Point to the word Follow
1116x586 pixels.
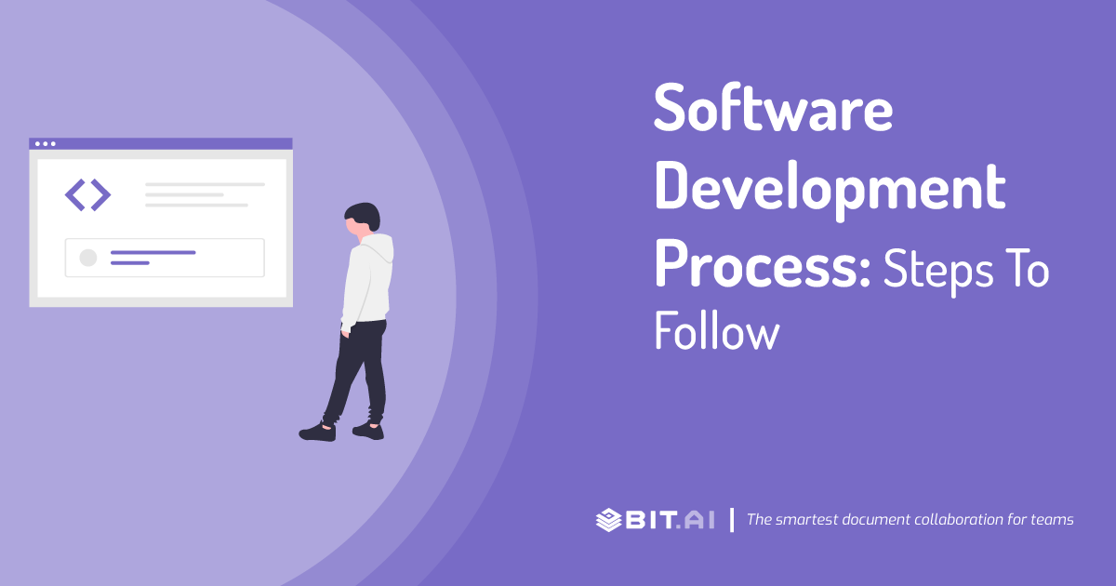pos(716,332)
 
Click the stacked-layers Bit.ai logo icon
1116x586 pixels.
pos(609,519)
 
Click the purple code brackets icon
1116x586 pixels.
pos(87,194)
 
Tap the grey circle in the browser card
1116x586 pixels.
pos(88,258)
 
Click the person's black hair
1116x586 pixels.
pos(364,215)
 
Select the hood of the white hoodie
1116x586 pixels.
pos(380,249)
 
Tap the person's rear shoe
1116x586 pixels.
pos(368,430)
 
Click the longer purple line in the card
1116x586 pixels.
pos(153,252)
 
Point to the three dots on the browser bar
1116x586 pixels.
pos(44,144)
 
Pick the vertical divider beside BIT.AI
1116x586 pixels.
pos(732,519)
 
